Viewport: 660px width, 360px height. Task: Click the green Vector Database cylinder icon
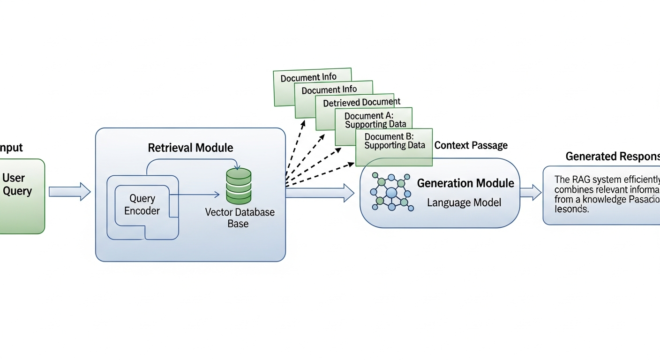point(239,186)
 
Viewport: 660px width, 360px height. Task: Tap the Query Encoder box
point(142,205)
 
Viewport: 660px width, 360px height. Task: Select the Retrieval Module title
point(190,148)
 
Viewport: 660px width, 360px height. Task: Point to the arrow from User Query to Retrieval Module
point(69,191)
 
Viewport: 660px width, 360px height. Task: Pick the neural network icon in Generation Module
point(390,191)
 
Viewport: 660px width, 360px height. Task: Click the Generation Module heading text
point(465,183)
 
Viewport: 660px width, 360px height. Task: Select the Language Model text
point(464,203)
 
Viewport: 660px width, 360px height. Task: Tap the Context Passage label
point(471,145)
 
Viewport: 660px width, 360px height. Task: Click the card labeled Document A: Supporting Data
point(375,120)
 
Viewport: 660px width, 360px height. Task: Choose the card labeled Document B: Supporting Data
point(394,141)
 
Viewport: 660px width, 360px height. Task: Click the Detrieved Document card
point(361,102)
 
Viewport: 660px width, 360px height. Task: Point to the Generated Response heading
point(612,157)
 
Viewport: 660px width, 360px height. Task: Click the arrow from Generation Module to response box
point(531,192)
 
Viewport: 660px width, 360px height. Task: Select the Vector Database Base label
point(240,217)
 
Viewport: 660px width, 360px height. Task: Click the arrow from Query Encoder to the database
point(195,194)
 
